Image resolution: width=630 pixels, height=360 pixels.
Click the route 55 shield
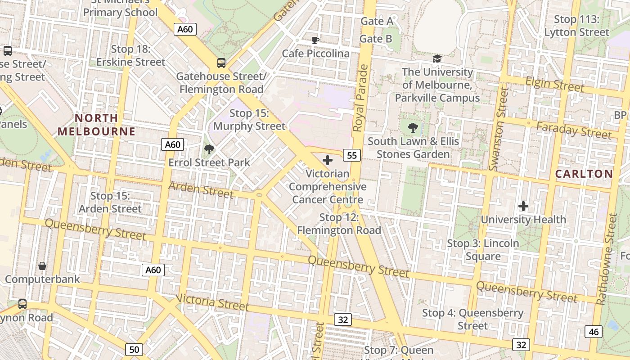click(x=352, y=155)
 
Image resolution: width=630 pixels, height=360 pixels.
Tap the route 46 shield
click(x=594, y=332)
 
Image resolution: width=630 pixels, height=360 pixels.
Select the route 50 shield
click(x=134, y=349)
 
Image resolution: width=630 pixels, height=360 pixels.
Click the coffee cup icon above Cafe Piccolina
click(x=315, y=40)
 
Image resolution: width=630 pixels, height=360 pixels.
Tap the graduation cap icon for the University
click(x=437, y=58)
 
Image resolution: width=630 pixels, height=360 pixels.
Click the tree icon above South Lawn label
click(x=413, y=128)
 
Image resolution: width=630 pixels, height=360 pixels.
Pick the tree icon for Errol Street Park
click(x=209, y=149)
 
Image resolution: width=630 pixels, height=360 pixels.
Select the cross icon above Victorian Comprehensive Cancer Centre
click(x=328, y=160)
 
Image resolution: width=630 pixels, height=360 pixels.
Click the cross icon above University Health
click(x=523, y=206)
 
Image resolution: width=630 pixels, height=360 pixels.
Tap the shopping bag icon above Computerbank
click(x=42, y=266)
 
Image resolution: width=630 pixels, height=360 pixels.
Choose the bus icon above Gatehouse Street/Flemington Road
click(x=221, y=63)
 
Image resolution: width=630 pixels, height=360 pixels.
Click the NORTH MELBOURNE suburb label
click(x=96, y=125)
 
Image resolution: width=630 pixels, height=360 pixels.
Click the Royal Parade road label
click(x=360, y=98)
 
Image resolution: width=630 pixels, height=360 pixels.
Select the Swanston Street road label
click(x=498, y=129)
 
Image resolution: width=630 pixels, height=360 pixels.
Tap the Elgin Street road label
click(x=554, y=84)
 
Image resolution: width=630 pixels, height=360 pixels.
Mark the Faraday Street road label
click(x=574, y=130)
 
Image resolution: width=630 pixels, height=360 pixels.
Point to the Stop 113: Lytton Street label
click(x=576, y=26)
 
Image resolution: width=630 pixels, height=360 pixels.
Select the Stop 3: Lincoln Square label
click(x=483, y=250)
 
